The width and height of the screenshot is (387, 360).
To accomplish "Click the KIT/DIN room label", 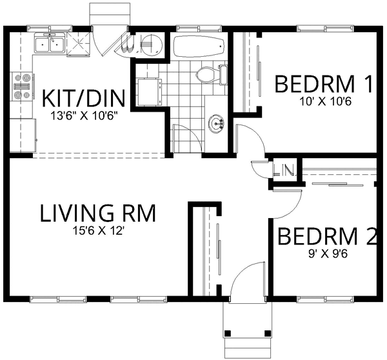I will pos(83,100).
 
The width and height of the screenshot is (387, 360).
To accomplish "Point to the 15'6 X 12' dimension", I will pos(99,230).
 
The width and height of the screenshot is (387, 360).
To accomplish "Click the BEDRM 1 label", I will pos(324,85).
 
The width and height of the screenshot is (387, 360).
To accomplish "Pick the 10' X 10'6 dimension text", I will pos(324,101).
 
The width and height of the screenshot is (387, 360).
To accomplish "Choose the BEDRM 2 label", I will pos(326,237).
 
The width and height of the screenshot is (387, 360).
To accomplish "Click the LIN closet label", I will pos(283,172).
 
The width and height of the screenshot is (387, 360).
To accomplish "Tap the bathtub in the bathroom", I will pos(198,46).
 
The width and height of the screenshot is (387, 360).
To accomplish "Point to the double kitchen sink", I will pos(50,45).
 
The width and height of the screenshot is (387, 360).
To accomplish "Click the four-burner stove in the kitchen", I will pos(22,88).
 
